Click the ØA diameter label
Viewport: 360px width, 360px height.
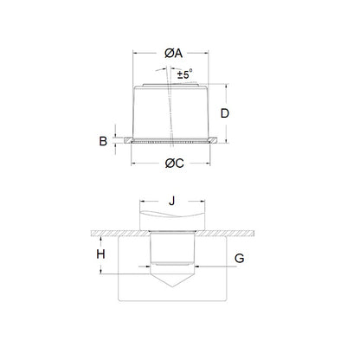coord(174,54)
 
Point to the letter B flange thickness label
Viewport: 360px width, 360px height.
coord(103,139)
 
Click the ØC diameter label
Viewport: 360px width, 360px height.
coord(174,164)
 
